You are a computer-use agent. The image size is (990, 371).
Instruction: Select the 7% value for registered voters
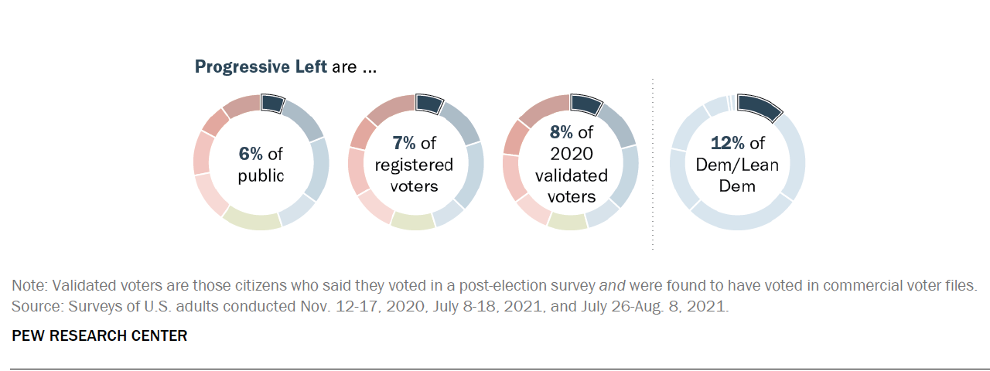pyautogui.click(x=405, y=143)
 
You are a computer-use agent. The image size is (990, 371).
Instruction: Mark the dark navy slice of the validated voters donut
pyautogui.click(x=585, y=104)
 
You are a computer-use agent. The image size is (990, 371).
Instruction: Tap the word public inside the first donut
pyautogui.click(x=261, y=175)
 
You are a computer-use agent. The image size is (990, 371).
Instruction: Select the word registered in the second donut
pyautogui.click(x=415, y=165)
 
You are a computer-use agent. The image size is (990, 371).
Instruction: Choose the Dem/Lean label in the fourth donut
pyautogui.click(x=736, y=165)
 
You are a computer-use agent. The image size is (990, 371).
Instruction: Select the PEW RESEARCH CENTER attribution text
pyautogui.click(x=99, y=336)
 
